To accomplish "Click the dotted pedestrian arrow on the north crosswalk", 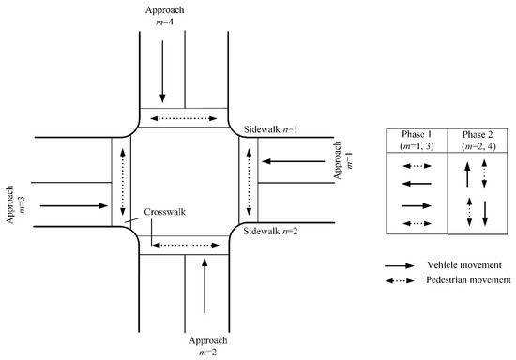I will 184,119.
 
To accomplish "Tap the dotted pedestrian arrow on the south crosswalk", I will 184,246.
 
